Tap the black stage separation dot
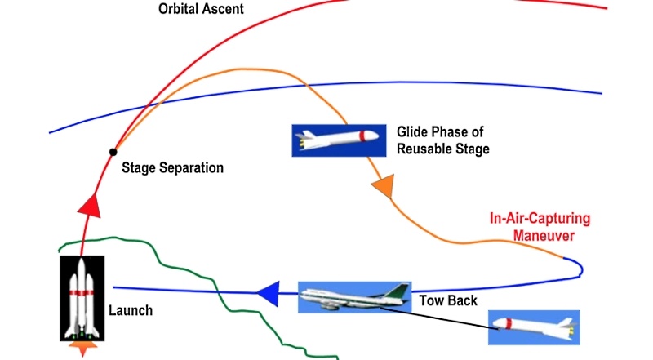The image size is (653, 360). [113, 152]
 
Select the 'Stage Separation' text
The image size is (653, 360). [172, 168]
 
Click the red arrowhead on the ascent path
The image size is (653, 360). [90, 204]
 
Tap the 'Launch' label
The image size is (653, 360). [131, 311]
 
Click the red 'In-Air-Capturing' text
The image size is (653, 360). [539, 220]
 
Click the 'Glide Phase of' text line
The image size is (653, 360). [438, 132]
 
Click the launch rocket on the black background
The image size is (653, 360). [82, 297]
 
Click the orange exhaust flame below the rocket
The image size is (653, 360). [82, 349]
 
